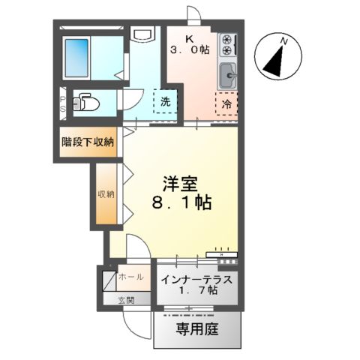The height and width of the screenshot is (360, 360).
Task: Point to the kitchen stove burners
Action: pyautogui.click(x=227, y=48)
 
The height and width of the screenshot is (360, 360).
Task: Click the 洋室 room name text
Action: pyautogui.click(x=178, y=183)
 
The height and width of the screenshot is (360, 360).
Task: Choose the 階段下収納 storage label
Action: pyautogui.click(x=88, y=142)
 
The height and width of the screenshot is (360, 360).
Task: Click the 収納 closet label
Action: pyautogui.click(x=106, y=194)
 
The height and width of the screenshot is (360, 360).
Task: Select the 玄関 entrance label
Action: pyautogui.click(x=125, y=301)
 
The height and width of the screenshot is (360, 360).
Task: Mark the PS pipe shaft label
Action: pyautogui.click(x=64, y=103)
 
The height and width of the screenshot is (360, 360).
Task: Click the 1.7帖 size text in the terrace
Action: pyautogui.click(x=199, y=291)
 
